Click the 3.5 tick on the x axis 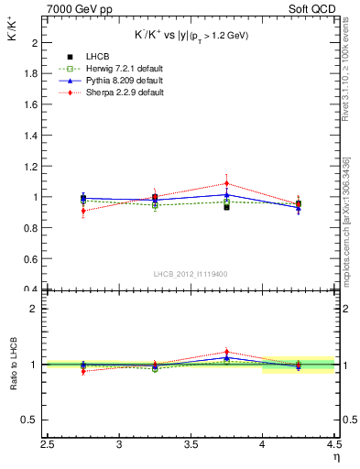click(x=191, y=445)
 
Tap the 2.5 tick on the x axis click(x=48, y=445)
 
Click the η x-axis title click(x=335, y=456)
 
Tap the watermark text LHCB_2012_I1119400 click(x=191, y=274)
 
